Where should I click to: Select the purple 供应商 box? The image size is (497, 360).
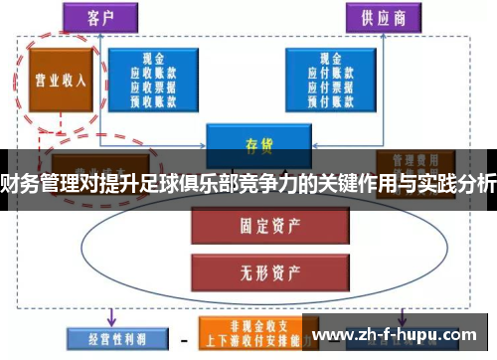379,17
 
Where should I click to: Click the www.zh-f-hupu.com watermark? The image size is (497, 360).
403,335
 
